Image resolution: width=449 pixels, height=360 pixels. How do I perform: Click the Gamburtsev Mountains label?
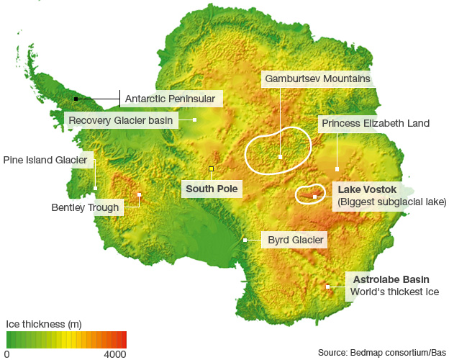tap(317, 78)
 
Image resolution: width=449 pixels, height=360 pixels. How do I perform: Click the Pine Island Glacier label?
tap(45, 159)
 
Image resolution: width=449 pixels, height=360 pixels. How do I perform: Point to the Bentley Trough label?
tap(86, 207)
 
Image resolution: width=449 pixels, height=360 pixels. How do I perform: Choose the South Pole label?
tap(212, 189)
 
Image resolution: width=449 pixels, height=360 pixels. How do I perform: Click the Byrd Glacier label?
tap(297, 239)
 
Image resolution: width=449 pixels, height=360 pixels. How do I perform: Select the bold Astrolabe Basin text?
tap(391, 279)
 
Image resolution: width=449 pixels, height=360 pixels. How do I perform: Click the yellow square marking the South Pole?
tap(211, 169)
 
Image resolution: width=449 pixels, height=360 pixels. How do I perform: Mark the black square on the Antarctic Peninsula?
tap(76, 99)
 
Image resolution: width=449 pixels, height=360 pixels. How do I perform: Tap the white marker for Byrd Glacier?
tap(245, 239)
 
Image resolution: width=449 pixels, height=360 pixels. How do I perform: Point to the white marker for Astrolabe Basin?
tap(328, 287)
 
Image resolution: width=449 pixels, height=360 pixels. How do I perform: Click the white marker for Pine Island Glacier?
tap(95, 189)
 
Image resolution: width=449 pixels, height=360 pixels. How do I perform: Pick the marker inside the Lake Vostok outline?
tap(314, 196)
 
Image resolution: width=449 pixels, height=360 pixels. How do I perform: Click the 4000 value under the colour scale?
tap(115, 354)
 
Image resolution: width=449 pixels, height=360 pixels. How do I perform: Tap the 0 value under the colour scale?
tap(7, 354)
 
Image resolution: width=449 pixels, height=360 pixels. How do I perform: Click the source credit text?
tap(381, 352)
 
